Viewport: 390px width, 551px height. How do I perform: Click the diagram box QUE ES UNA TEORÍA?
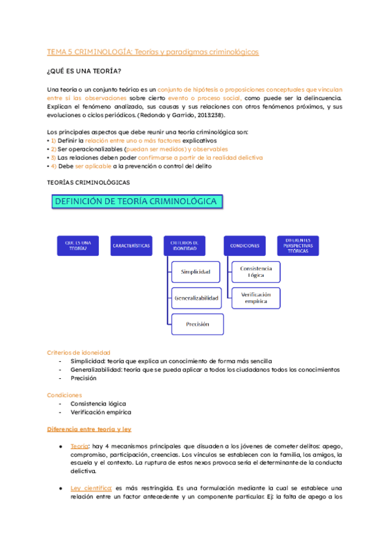pyautogui.click(x=77, y=245)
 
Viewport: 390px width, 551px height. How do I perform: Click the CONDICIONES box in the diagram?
pyautogui.click(x=244, y=246)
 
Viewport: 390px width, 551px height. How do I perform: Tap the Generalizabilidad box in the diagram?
pyautogui.click(x=197, y=298)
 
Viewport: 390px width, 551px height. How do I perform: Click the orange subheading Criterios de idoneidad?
pyautogui.click(x=78, y=352)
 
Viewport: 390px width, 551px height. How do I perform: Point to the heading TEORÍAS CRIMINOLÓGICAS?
pyautogui.click(x=88, y=183)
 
